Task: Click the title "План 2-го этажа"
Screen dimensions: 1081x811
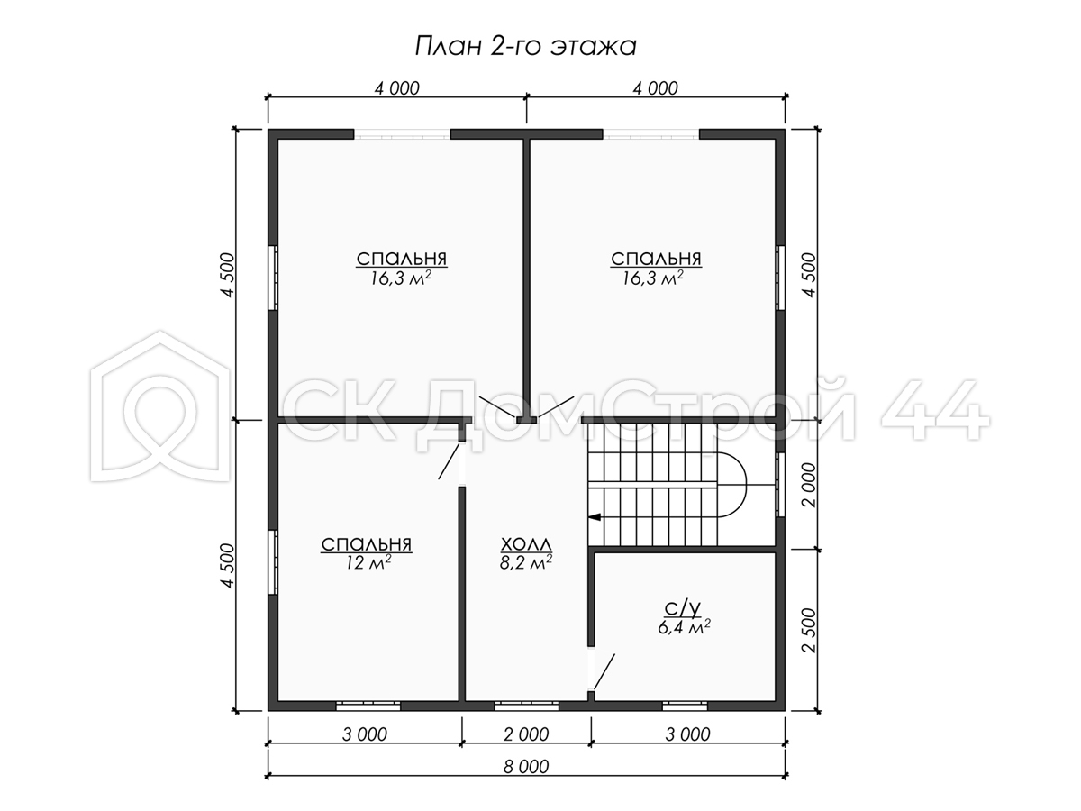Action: tap(526, 47)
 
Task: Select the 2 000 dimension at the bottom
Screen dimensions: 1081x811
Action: tap(526, 734)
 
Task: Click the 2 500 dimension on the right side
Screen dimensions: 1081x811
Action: tap(809, 630)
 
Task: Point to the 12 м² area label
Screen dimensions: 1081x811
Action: tap(368, 562)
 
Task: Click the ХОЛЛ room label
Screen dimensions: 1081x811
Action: tap(526, 544)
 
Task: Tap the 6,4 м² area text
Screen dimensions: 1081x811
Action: tap(684, 627)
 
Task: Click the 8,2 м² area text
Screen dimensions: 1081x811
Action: tap(526, 562)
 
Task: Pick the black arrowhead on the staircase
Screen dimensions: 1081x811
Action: tap(595, 517)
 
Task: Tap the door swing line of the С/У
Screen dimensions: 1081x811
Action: tap(604, 671)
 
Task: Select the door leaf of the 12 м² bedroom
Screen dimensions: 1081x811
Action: tap(450, 461)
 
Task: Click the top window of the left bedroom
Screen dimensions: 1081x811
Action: tap(403, 134)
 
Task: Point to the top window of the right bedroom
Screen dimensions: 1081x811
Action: tap(651, 134)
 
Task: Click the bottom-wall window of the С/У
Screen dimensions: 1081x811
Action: tap(685, 706)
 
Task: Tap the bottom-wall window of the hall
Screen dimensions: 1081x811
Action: tap(526, 706)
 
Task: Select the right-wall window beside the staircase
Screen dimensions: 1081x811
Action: tap(780, 485)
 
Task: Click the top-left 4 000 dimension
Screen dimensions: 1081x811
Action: tap(397, 88)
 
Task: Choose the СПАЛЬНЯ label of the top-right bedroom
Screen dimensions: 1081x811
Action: tap(656, 258)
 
